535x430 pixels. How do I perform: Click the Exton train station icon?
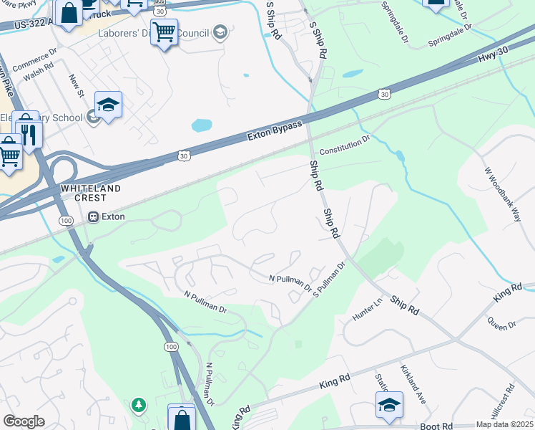click(x=93, y=216)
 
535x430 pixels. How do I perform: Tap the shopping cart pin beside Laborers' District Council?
click(x=164, y=32)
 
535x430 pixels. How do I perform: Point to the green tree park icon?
click(x=137, y=406)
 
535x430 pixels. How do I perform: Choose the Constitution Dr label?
click(x=345, y=145)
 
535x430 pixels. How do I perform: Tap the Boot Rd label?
click(x=436, y=426)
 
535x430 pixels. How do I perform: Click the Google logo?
click(x=24, y=421)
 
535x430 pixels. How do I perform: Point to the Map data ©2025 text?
click(x=505, y=424)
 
